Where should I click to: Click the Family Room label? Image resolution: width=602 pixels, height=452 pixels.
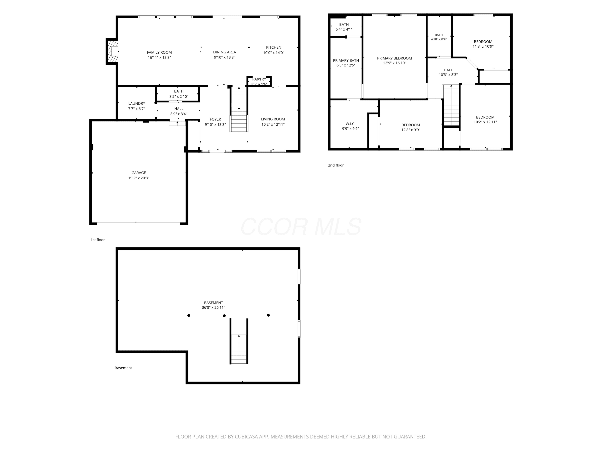[159, 52]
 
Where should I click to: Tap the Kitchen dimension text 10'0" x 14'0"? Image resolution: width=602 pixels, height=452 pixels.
[274, 53]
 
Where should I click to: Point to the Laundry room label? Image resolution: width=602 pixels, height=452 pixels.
[137, 103]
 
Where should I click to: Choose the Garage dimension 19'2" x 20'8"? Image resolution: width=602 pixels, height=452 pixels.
[139, 178]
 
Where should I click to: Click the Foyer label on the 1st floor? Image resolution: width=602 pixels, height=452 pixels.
[215, 119]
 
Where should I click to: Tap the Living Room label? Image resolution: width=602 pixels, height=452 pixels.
[273, 119]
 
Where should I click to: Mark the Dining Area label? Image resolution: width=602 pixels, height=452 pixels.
[225, 52]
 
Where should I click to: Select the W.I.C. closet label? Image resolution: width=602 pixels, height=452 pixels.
[351, 124]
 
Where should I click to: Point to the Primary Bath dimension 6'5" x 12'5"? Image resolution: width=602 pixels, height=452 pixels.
[346, 65]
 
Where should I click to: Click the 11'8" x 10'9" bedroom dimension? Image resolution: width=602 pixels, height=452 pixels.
[483, 46]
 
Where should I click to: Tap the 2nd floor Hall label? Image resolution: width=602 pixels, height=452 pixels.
[448, 70]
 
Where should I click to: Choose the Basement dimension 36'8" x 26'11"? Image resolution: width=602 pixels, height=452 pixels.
[213, 308]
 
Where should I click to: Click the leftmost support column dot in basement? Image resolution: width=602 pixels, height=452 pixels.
[189, 316]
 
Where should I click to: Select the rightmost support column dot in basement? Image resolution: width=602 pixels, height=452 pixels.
[268, 315]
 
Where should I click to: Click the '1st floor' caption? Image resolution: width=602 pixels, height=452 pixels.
[98, 240]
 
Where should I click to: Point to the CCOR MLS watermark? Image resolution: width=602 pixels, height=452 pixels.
[301, 227]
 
